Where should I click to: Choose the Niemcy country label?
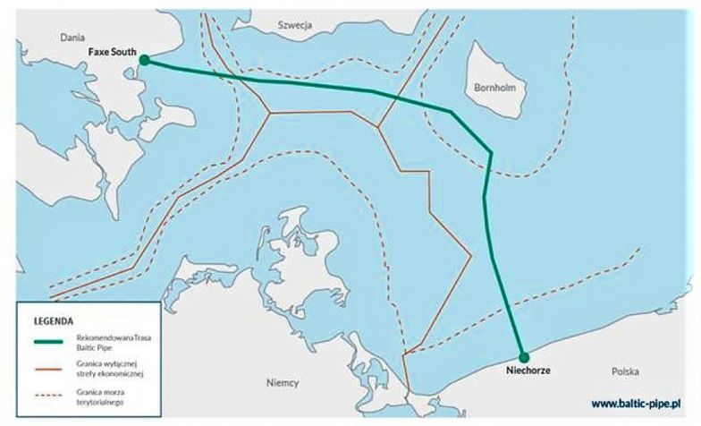tap(283, 383)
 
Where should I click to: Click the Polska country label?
tap(626, 370)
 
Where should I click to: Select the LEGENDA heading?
tap(54, 319)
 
